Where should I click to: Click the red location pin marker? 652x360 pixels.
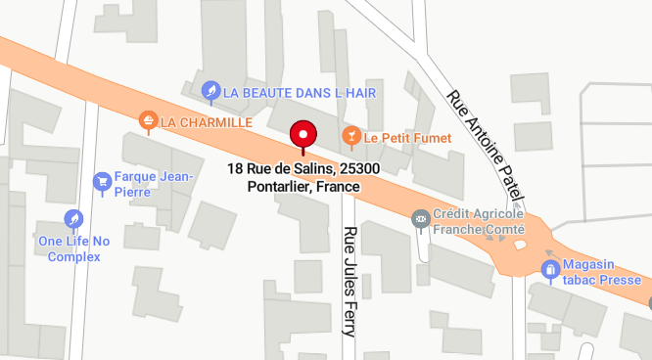click(x=303, y=135)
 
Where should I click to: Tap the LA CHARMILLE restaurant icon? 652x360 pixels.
click(x=148, y=121)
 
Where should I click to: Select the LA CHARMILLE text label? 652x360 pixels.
click(x=207, y=122)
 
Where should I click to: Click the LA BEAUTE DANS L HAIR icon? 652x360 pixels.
click(x=210, y=92)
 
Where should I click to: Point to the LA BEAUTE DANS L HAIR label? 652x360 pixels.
click(x=300, y=92)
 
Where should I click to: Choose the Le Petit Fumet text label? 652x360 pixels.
click(x=407, y=138)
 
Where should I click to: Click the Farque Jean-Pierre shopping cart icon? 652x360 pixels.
click(x=102, y=181)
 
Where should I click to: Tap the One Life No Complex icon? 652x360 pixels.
click(x=73, y=218)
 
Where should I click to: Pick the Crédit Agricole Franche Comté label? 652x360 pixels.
click(x=480, y=222)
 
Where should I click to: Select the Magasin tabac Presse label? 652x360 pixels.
click(x=594, y=272)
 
